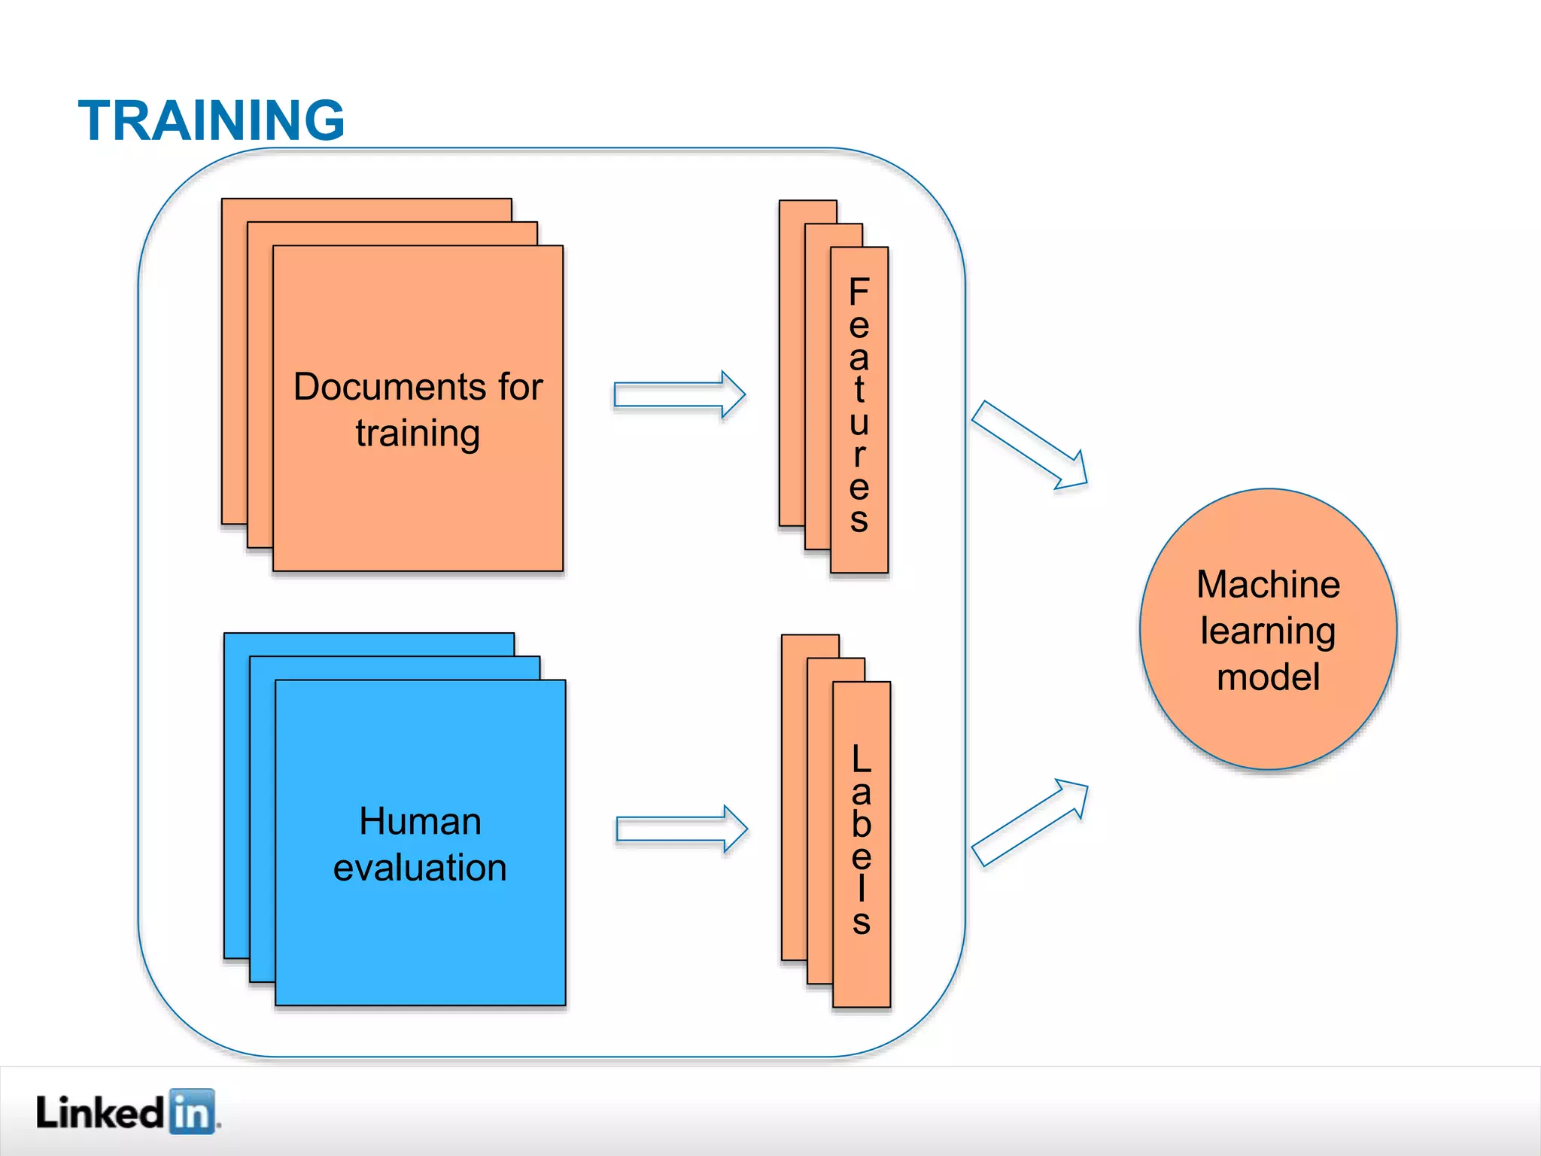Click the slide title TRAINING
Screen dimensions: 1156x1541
click(211, 120)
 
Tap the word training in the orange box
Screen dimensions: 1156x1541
click(418, 434)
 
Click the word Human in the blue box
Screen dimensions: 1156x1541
click(420, 821)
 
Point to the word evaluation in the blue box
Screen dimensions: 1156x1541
click(420, 868)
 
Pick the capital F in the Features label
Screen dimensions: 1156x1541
click(859, 292)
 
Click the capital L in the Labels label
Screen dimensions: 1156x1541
click(862, 759)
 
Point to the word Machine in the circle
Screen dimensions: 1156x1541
click(1269, 585)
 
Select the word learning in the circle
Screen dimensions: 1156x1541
click(1269, 631)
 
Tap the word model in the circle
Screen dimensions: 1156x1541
click(1269, 677)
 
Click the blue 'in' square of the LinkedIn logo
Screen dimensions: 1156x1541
click(193, 1112)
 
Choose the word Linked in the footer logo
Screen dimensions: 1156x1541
click(99, 1112)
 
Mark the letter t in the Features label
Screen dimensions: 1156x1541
click(859, 389)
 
